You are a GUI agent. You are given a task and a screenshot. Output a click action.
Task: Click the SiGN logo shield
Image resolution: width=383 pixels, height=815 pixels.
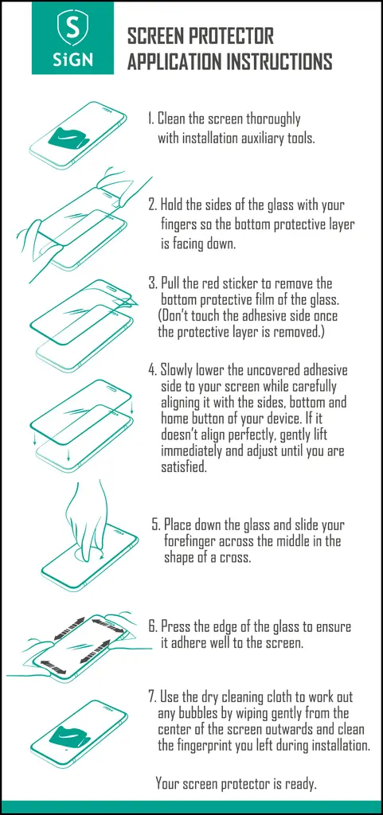tap(72, 29)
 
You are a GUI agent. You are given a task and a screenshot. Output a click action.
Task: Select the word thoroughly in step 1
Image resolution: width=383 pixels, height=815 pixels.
tap(273, 120)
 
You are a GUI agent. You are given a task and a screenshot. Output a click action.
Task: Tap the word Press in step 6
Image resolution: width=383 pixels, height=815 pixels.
tap(174, 627)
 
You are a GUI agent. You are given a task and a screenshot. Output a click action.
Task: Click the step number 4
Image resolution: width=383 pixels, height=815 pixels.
tap(152, 370)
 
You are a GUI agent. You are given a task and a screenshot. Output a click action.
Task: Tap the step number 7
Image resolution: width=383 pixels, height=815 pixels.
tap(152, 696)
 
